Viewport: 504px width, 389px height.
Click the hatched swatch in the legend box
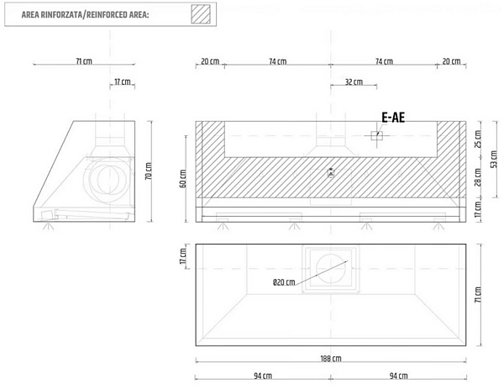201,14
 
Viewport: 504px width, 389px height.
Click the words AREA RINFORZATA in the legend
51,15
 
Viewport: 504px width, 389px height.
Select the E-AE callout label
393,118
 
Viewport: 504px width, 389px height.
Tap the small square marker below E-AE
376,135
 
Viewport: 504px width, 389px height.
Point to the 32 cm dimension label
354,82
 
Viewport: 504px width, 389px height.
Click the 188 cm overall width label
331,359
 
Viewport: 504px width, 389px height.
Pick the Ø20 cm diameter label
284,282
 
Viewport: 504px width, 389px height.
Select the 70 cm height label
148,171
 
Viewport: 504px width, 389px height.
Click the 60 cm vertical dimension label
182,179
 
